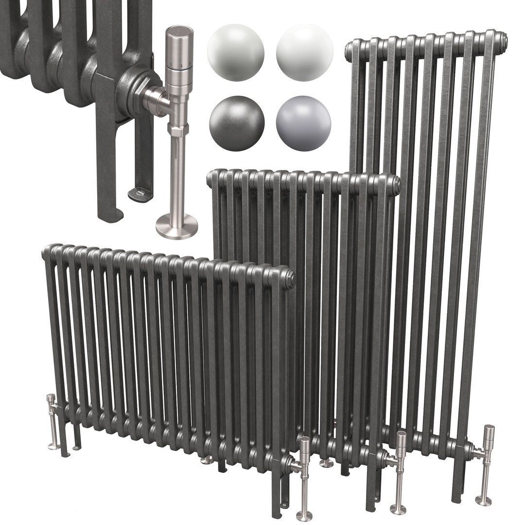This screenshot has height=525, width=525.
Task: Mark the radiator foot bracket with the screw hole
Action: (140, 195)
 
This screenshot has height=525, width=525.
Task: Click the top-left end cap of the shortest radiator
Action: (49, 253)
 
